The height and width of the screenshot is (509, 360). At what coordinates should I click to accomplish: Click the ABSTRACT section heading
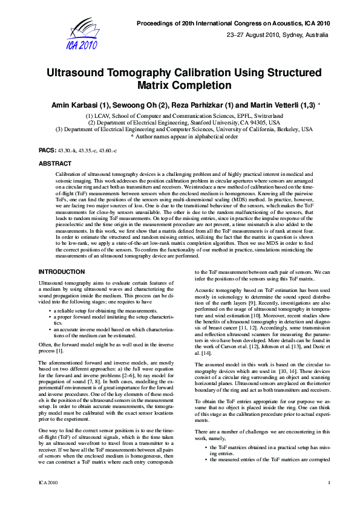(x=55, y=163)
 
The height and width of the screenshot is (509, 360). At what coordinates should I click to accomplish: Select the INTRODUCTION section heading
(x=62, y=272)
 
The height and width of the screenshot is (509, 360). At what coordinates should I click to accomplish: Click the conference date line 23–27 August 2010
(x=278, y=34)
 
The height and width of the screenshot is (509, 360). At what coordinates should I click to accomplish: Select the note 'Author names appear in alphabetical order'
(x=184, y=136)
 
